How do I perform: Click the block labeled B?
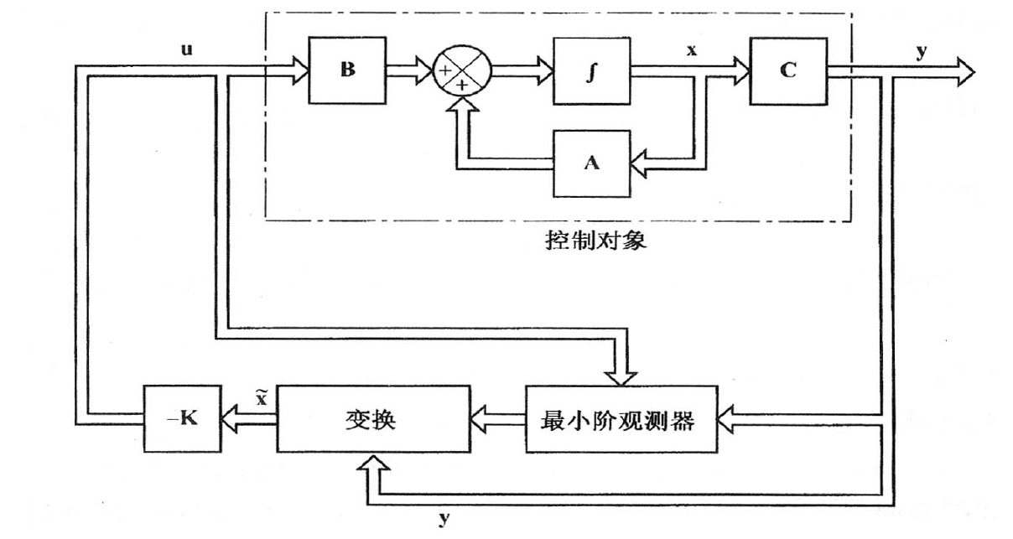[x=347, y=70]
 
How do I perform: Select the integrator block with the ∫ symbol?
[x=591, y=70]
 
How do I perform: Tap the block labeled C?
[x=787, y=70]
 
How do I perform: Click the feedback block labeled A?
[x=591, y=163]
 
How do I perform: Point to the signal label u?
[x=187, y=49]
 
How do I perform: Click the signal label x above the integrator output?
[x=692, y=50]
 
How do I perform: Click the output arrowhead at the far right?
[x=964, y=72]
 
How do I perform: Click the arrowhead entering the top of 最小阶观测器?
[x=621, y=375]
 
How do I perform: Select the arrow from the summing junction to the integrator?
[x=522, y=71]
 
